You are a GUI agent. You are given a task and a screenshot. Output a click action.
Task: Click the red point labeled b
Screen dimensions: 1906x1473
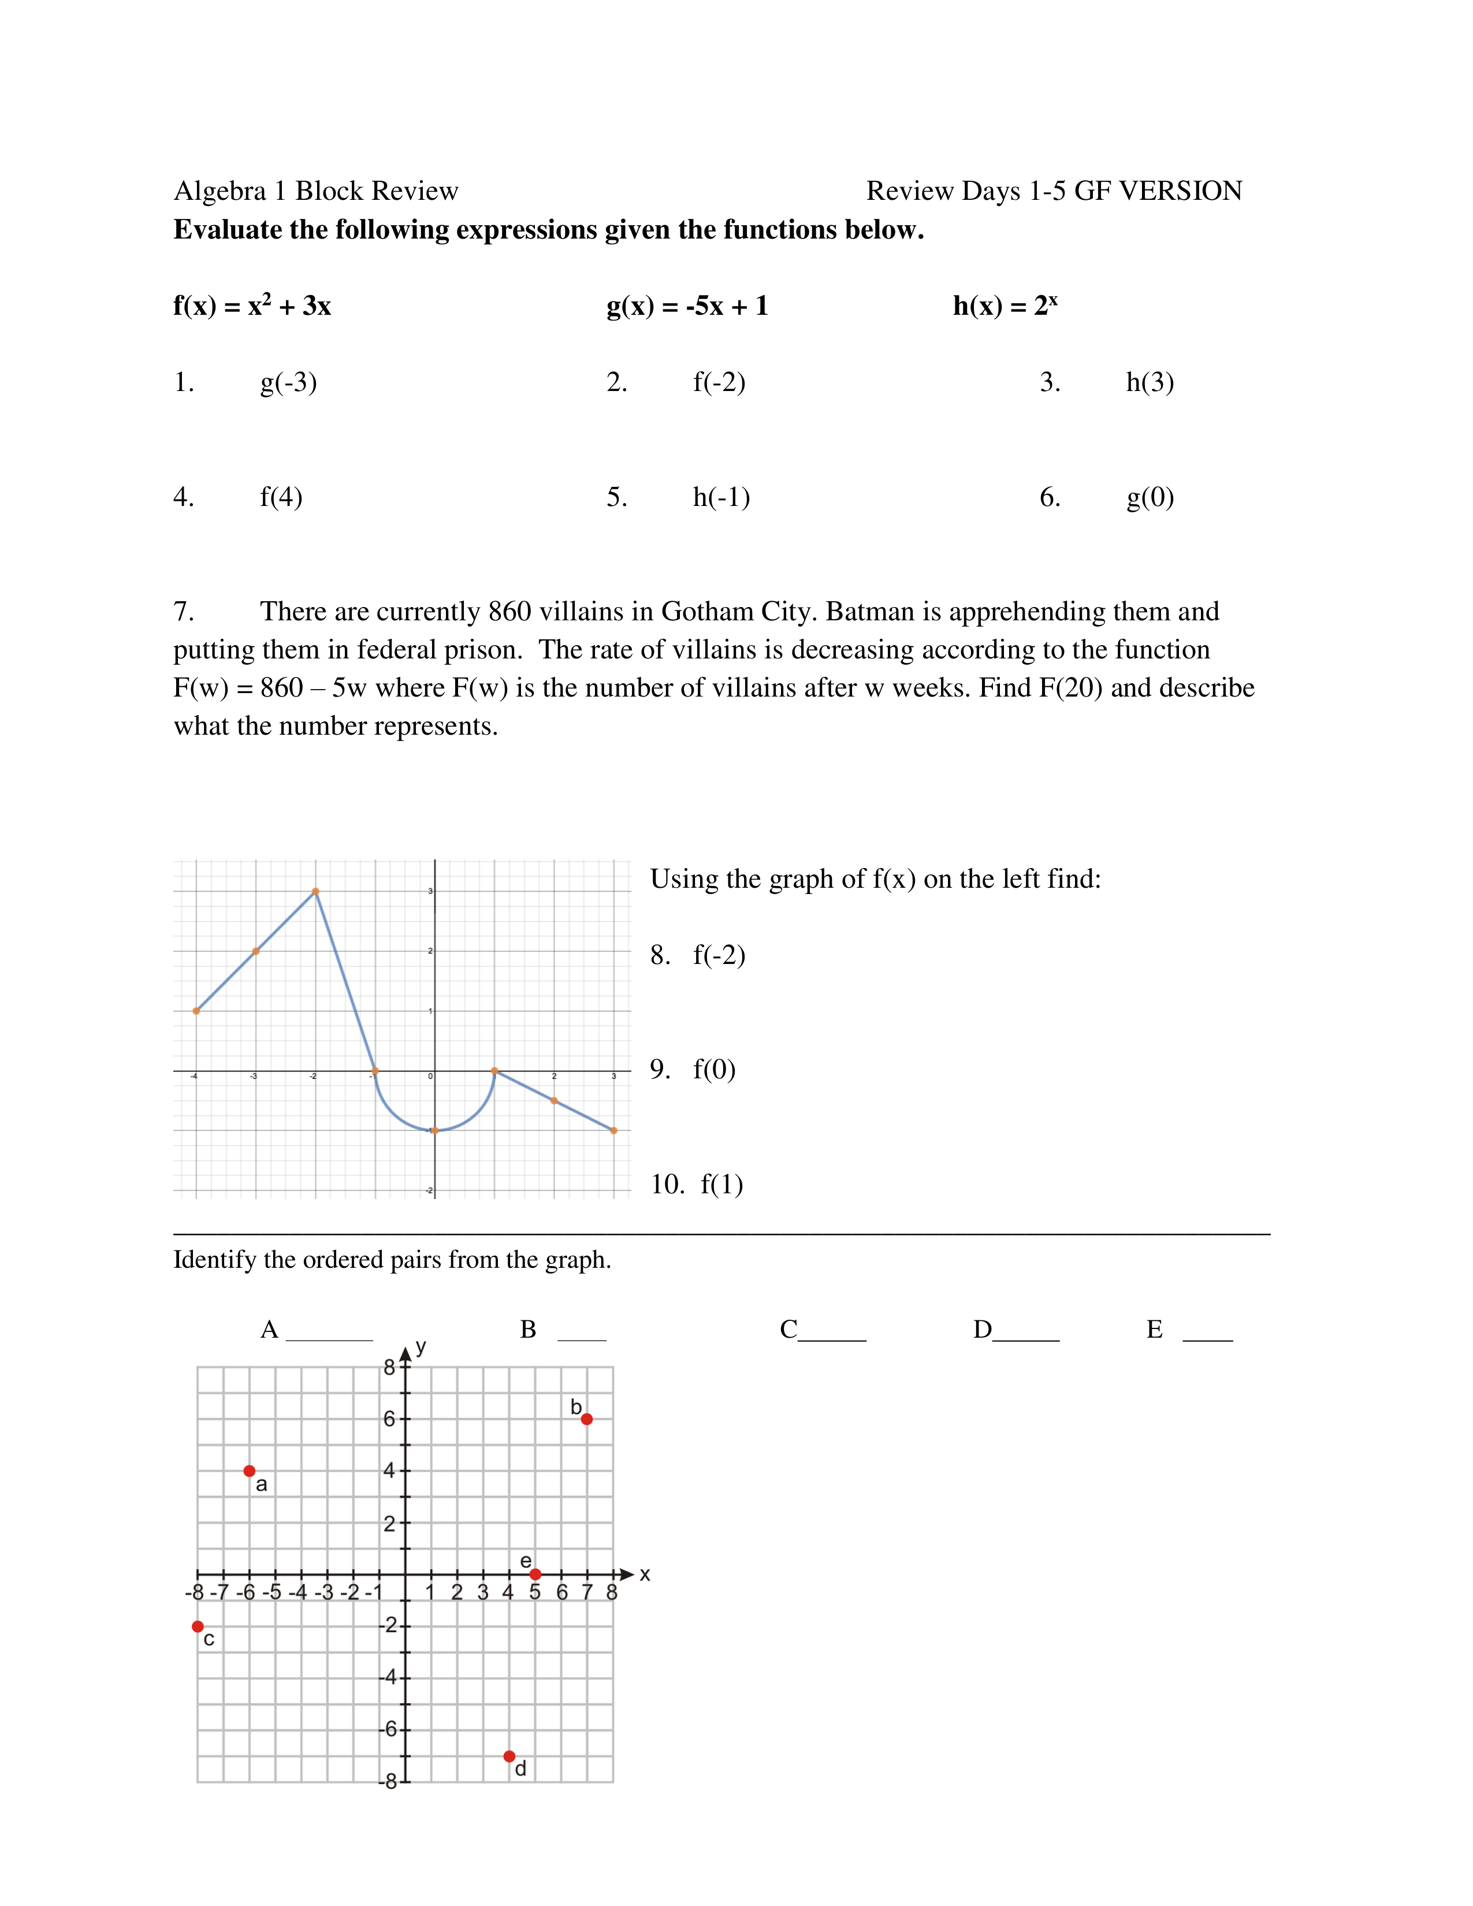click(586, 1419)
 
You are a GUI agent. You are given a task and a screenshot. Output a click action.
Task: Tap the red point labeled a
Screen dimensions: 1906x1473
click(250, 1471)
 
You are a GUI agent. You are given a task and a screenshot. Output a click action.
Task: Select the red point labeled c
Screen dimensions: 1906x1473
click(198, 1626)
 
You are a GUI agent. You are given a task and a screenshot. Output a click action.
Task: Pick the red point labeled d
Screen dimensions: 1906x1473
click(509, 1756)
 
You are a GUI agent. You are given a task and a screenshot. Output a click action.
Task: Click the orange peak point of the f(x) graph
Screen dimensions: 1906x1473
click(315, 891)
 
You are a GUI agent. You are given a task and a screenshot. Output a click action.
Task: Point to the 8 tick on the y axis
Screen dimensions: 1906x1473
click(390, 1368)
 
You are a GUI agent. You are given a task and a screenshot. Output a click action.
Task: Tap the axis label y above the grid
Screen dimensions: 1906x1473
click(422, 1346)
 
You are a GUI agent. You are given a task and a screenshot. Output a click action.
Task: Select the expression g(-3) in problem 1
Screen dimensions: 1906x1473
click(288, 382)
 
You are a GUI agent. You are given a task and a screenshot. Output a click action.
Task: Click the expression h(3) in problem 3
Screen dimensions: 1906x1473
click(1150, 382)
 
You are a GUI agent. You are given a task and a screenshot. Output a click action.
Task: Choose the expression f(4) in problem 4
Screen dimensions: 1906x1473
click(281, 497)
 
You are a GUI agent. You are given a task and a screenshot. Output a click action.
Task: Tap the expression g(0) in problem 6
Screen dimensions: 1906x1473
click(1150, 497)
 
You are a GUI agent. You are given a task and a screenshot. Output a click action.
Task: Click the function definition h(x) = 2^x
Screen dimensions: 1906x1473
click(1005, 306)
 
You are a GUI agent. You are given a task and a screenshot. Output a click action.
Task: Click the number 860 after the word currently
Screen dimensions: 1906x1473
click(509, 612)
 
